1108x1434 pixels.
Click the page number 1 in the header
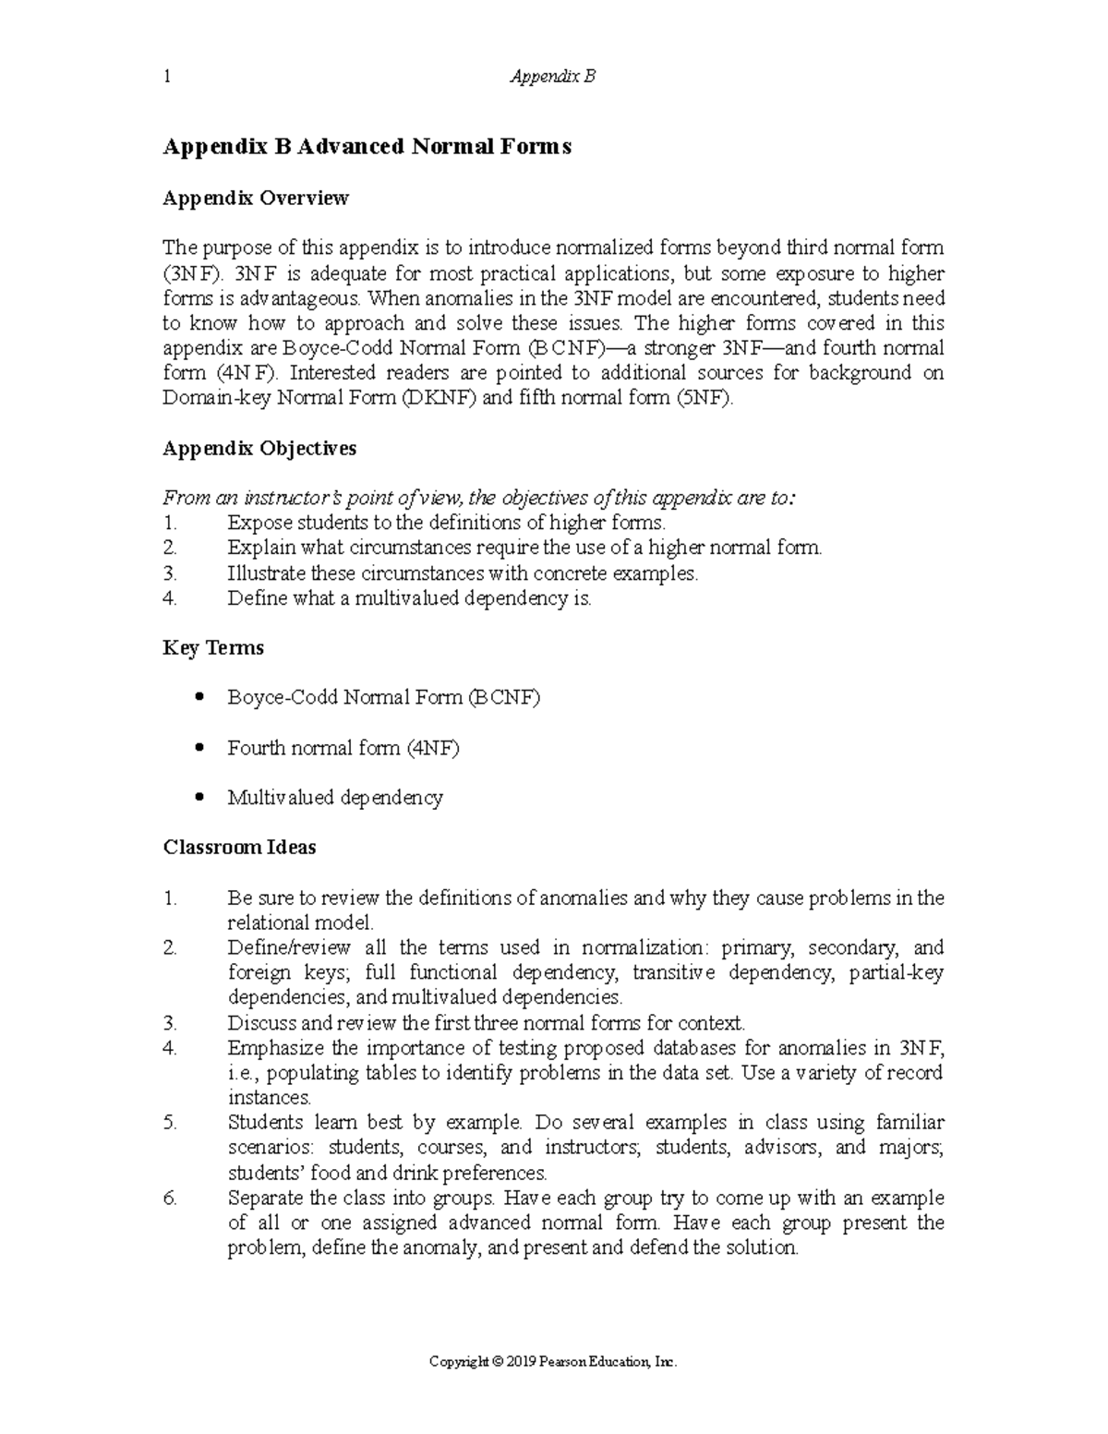[x=166, y=77]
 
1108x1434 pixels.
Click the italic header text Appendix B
[x=553, y=77]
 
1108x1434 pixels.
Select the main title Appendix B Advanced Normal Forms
[x=367, y=146]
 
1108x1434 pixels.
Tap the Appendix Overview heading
[x=256, y=198]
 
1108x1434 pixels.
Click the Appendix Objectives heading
[x=259, y=449]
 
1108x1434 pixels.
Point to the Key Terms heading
[x=213, y=648]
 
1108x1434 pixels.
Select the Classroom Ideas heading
[x=239, y=848]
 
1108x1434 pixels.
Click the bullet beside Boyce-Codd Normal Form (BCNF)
[x=199, y=698]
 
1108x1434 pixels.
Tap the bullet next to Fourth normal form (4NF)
[x=199, y=748]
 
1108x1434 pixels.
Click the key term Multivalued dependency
[x=335, y=798]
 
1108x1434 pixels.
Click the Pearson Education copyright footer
[x=553, y=1362]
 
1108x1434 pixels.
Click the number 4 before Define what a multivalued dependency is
[x=168, y=598]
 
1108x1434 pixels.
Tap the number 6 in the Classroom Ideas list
[x=168, y=1199]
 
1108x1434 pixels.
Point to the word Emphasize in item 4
[x=274, y=1048]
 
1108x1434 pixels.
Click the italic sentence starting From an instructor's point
[x=478, y=499]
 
